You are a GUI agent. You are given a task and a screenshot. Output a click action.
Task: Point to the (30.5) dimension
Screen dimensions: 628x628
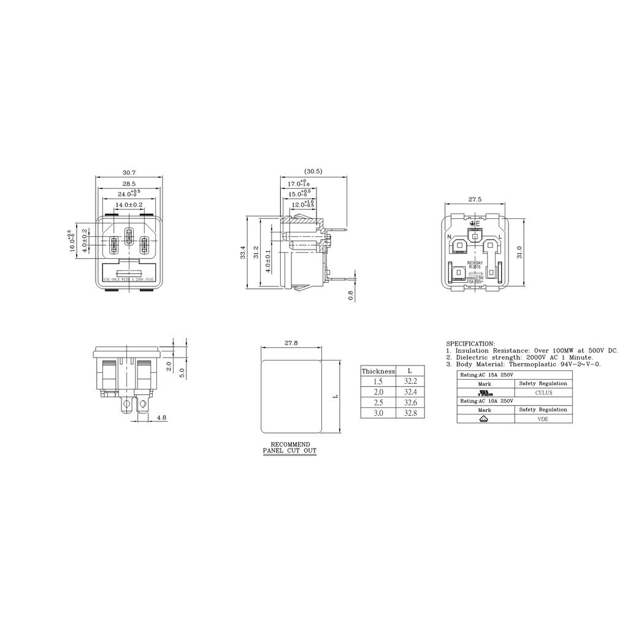tap(313, 171)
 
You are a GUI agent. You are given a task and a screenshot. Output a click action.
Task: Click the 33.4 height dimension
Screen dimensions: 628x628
tap(243, 251)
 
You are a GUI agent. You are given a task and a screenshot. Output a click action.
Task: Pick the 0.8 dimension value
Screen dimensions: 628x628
tap(351, 295)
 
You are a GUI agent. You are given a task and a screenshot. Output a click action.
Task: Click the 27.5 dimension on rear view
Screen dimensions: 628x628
tap(475, 199)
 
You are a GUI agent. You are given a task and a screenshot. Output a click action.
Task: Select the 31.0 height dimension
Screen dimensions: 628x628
tap(519, 251)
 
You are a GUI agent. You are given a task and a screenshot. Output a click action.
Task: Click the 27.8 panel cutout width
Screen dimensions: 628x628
tap(291, 343)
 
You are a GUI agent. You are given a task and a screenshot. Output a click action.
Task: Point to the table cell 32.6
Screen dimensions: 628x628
tap(410, 402)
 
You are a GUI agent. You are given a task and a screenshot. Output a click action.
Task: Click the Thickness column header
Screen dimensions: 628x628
tap(378, 371)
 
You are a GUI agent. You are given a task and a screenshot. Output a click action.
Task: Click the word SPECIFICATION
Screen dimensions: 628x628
tap(470, 344)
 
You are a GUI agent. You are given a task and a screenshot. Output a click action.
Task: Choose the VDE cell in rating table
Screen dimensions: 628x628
tap(543, 419)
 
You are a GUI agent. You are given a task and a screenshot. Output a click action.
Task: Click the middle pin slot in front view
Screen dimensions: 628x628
tap(129, 235)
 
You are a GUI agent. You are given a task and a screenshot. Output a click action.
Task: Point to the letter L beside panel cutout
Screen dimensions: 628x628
tap(335, 397)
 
